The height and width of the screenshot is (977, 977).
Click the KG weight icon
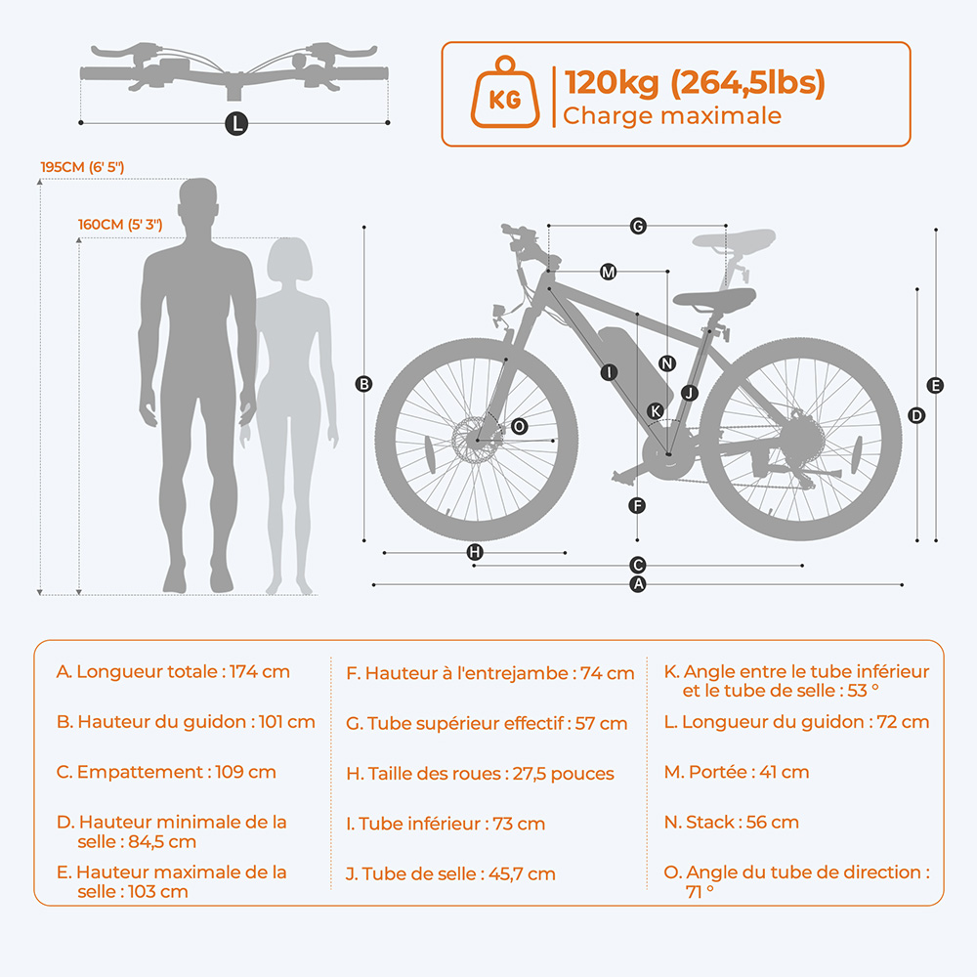tap(503, 94)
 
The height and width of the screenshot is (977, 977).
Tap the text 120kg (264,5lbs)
tap(694, 83)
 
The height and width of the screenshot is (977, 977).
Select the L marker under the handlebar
tap(234, 123)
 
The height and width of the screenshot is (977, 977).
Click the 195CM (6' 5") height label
tap(82, 167)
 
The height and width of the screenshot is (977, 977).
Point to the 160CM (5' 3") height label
tap(120, 225)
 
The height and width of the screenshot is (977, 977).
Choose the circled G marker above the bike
tap(638, 227)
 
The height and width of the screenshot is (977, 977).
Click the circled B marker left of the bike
tap(363, 384)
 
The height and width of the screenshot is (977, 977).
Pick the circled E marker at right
tap(936, 386)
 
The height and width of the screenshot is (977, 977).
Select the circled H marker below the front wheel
tap(474, 552)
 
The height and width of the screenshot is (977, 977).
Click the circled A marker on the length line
tap(638, 584)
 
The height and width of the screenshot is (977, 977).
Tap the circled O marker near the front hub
tap(519, 426)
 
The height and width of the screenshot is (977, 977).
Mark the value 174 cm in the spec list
tap(261, 672)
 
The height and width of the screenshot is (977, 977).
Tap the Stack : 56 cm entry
tap(731, 823)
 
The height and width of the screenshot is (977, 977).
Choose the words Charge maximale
tap(672, 116)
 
